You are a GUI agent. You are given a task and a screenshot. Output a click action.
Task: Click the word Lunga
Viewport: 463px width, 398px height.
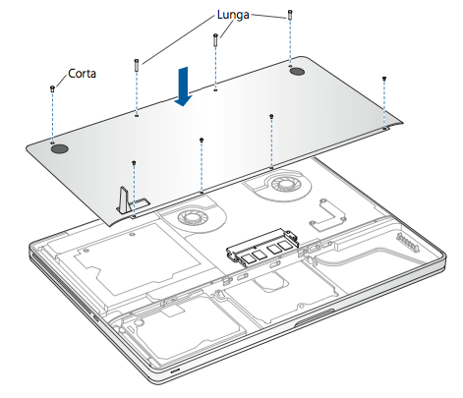coord(233,16)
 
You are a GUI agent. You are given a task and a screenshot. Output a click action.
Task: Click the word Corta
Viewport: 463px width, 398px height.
coord(82,74)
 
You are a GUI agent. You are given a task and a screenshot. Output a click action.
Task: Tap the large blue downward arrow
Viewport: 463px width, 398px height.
coord(183,86)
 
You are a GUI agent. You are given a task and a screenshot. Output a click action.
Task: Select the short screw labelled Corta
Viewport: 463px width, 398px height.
coord(52,88)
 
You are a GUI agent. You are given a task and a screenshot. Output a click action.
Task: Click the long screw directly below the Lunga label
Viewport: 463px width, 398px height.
coord(215,40)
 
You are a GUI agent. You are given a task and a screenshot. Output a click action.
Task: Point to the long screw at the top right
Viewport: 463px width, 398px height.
coord(290,15)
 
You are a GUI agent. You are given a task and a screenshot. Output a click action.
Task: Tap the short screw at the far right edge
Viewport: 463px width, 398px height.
coord(384,79)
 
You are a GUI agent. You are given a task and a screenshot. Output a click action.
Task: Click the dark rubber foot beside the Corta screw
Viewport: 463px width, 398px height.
coord(60,149)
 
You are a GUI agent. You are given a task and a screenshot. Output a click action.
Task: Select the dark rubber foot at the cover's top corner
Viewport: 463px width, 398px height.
coord(297,71)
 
